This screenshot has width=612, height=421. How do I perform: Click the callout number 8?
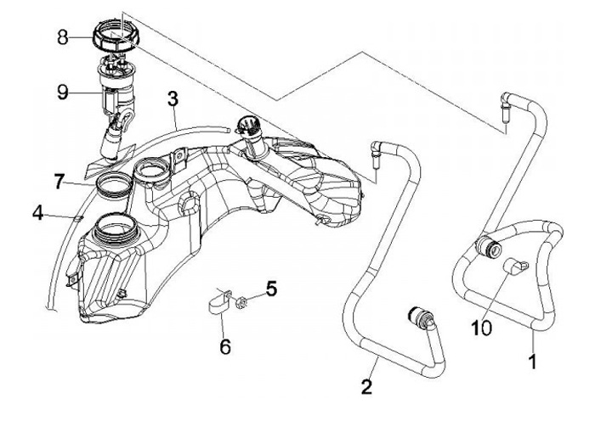pyautogui.click(x=63, y=37)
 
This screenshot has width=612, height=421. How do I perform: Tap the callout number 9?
pyautogui.click(x=63, y=93)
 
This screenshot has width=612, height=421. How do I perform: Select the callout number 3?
pyautogui.click(x=173, y=99)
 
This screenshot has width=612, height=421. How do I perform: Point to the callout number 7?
pyautogui.click(x=59, y=182)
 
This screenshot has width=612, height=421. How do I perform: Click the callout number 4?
pyautogui.click(x=38, y=213)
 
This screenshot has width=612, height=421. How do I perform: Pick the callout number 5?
pyautogui.click(x=272, y=289)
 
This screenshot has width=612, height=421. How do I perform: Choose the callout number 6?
pyautogui.click(x=225, y=346)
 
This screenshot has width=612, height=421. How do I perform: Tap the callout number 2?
pyautogui.click(x=366, y=387)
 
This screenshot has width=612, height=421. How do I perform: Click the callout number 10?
pyautogui.click(x=481, y=328)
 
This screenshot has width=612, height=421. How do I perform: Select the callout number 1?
pyautogui.click(x=532, y=361)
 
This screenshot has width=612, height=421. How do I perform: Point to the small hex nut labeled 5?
pyautogui.click(x=241, y=302)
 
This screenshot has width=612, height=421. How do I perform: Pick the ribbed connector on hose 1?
pyautogui.click(x=488, y=247)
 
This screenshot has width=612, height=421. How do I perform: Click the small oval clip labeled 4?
pyautogui.click(x=78, y=217)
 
